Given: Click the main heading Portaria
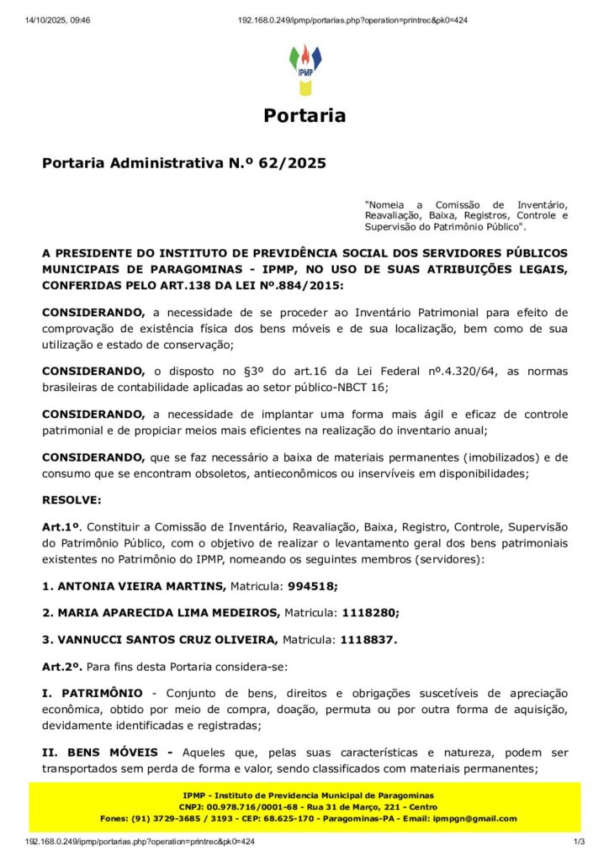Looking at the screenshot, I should point(304,116).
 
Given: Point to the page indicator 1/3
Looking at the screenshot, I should point(579,841).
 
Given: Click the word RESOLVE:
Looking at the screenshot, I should point(71,499).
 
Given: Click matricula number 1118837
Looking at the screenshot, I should point(368,639).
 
